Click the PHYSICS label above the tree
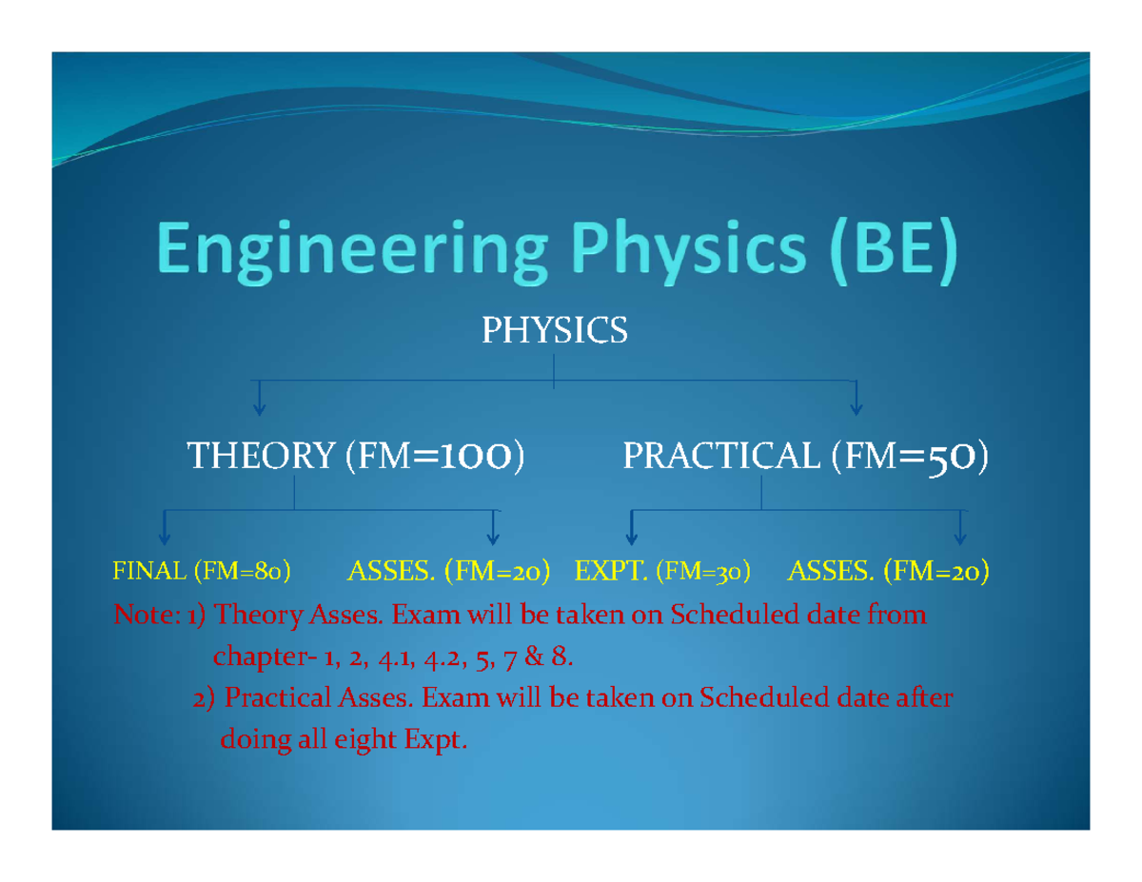tap(554, 331)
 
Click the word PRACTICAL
tap(722, 459)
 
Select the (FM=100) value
tap(433, 459)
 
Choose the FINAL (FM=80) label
tap(202, 572)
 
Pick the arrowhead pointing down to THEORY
tap(258, 409)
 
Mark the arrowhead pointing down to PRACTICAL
tap(856, 409)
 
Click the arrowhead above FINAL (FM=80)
tap(165, 538)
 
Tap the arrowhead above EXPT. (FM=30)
tap(630, 538)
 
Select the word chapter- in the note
tap(250, 657)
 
